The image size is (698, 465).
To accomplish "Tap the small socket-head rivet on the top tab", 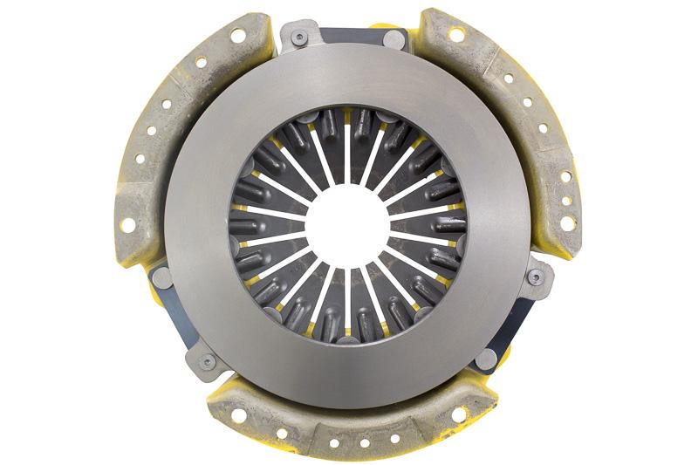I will point(300,38).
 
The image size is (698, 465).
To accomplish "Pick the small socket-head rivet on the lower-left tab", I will point(207,359).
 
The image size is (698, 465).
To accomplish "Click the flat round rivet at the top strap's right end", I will point(393,39).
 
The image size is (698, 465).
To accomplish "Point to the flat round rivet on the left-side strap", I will point(162,278).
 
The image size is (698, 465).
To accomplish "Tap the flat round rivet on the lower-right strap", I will point(489,357).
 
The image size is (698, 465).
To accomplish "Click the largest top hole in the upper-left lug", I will point(237,36).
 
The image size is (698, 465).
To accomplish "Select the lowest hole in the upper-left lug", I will point(128,224).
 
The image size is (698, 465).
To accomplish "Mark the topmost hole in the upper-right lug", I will point(455,34).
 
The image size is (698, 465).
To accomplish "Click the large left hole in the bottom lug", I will point(237,414).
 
